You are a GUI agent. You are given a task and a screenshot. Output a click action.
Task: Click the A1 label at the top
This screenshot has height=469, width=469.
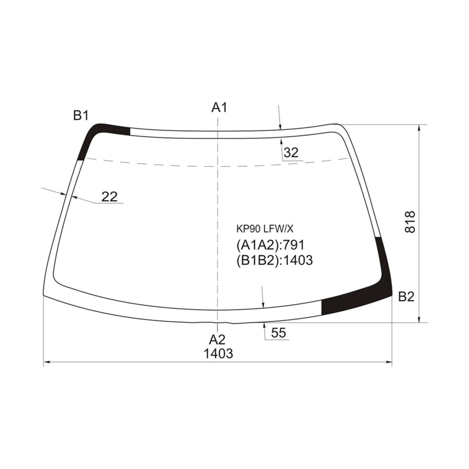pyautogui.click(x=219, y=107)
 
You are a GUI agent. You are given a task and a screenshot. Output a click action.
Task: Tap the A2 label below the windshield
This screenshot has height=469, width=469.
pyautogui.click(x=217, y=340)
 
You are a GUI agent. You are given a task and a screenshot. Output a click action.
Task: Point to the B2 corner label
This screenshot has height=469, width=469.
pyautogui.click(x=406, y=297)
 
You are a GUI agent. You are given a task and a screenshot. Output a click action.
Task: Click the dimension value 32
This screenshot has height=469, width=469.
pyautogui.click(x=291, y=153)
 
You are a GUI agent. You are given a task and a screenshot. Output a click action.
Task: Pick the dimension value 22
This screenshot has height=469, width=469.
pyautogui.click(x=109, y=197)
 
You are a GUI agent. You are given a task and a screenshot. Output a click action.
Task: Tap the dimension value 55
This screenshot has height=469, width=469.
pyautogui.click(x=278, y=333)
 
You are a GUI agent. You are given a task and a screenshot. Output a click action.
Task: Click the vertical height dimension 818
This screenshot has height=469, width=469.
pyautogui.click(x=410, y=222)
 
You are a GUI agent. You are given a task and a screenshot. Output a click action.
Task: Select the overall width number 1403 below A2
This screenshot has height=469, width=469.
pyautogui.click(x=218, y=353)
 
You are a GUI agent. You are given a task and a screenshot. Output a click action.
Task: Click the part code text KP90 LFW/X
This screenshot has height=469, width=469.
pyautogui.click(x=265, y=229)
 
